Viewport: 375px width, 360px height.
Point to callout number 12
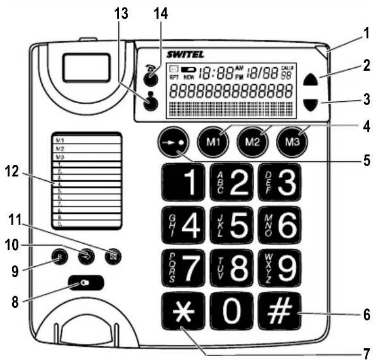[x=14, y=171]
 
